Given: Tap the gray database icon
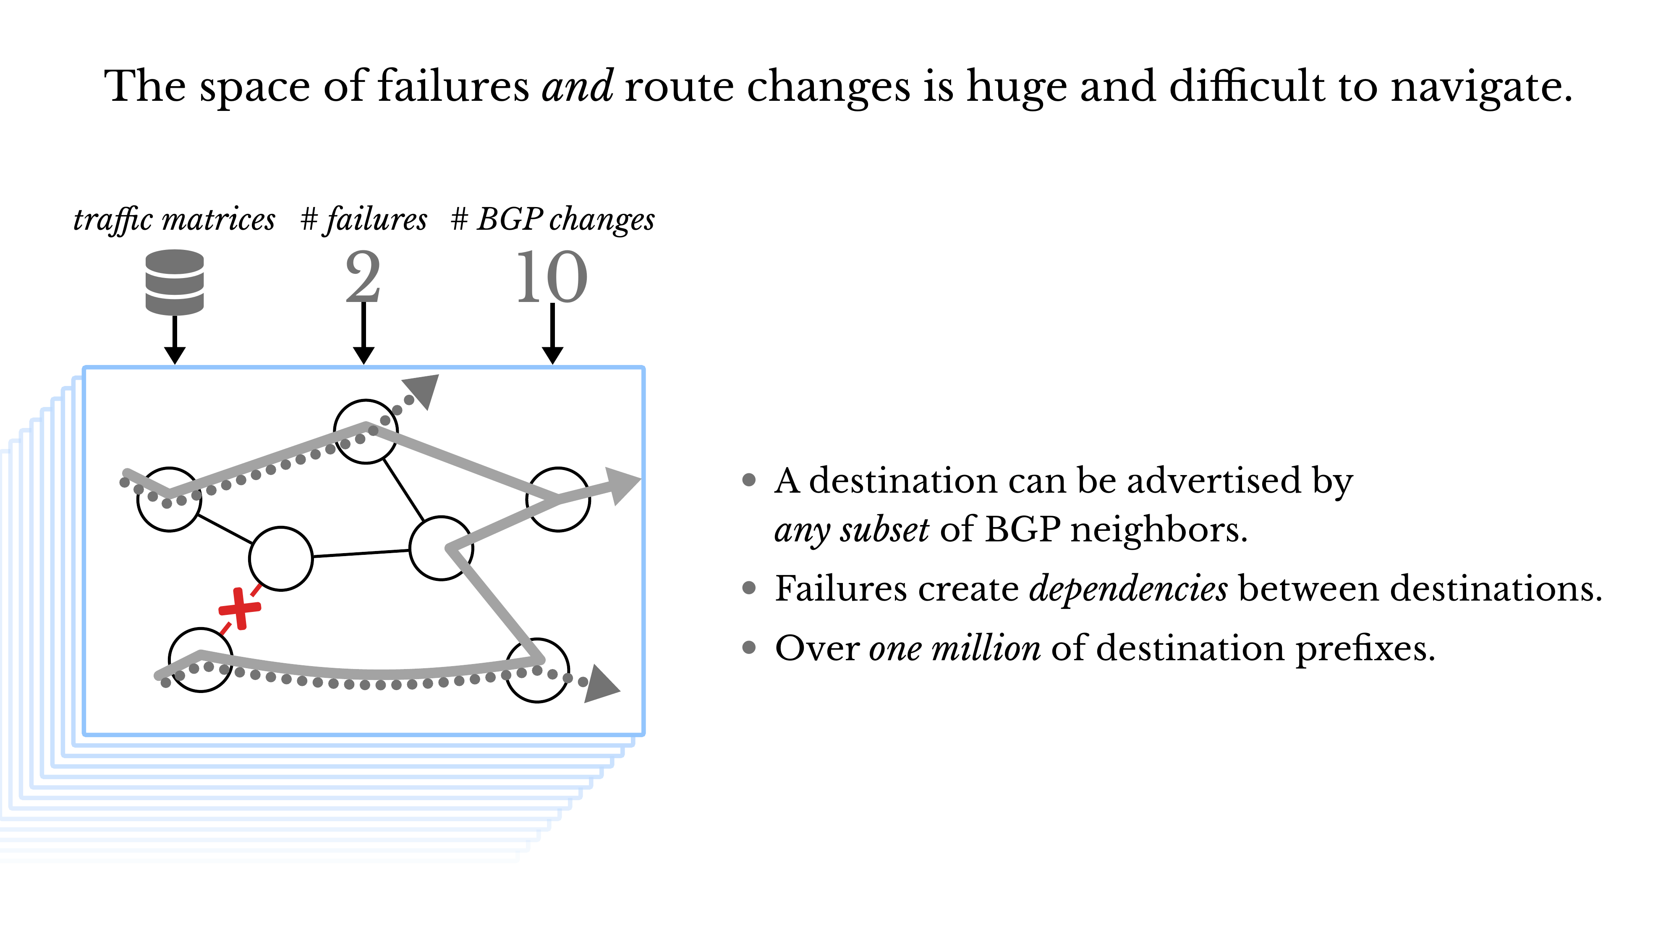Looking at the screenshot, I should (174, 282).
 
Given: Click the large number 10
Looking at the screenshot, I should (552, 277).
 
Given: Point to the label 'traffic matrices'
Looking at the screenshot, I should (174, 219).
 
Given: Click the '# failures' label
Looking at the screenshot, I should (364, 219).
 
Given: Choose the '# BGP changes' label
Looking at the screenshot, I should (553, 219).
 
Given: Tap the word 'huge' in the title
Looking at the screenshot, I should (1016, 87).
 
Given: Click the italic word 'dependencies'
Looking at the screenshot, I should (1128, 588).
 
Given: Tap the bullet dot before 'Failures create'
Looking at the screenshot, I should (749, 588).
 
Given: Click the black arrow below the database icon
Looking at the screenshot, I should (175, 339).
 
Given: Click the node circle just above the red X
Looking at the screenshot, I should (281, 558).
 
